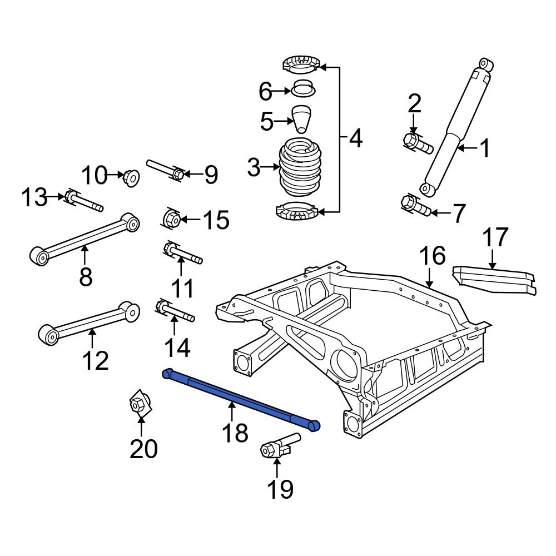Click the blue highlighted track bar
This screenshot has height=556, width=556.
click(x=239, y=398)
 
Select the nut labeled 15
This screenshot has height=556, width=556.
click(x=171, y=219)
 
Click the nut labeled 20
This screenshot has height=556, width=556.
click(x=140, y=405)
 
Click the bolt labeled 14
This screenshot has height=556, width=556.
click(x=175, y=312)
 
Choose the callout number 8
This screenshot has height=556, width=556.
click(x=85, y=276)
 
